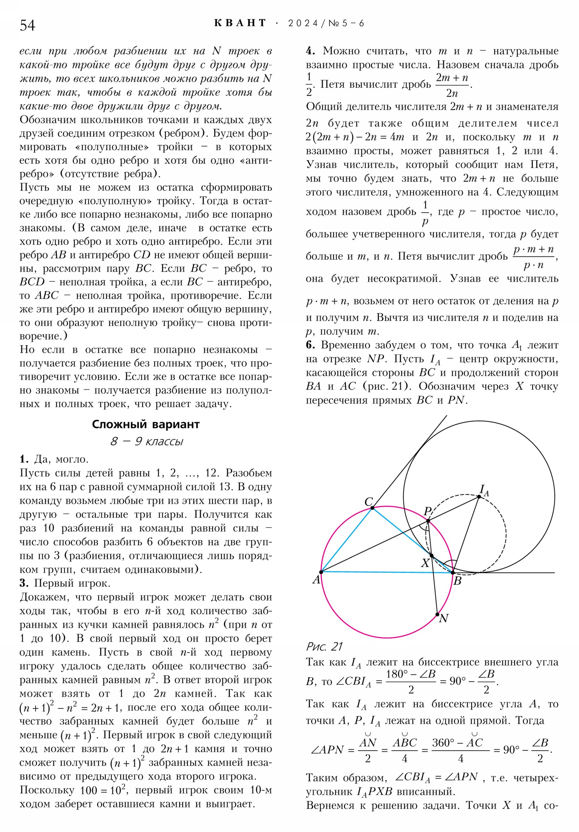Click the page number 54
pos(27,25)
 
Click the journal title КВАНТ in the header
pos(240,23)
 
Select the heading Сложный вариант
pos(146,424)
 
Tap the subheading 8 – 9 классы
pos(147,441)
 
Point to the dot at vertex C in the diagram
pos(372,508)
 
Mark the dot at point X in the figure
pos(431,556)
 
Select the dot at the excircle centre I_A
pos(479,497)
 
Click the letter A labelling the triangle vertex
pos(317,580)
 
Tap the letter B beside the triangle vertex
pos(457,581)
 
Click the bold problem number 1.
pos(24,459)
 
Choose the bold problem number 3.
pos(24,583)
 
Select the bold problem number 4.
pos(310,51)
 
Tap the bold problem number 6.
pos(310,345)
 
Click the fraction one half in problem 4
pos(309,84)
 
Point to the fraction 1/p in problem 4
pos(425,213)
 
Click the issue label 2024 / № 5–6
pos(326,24)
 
